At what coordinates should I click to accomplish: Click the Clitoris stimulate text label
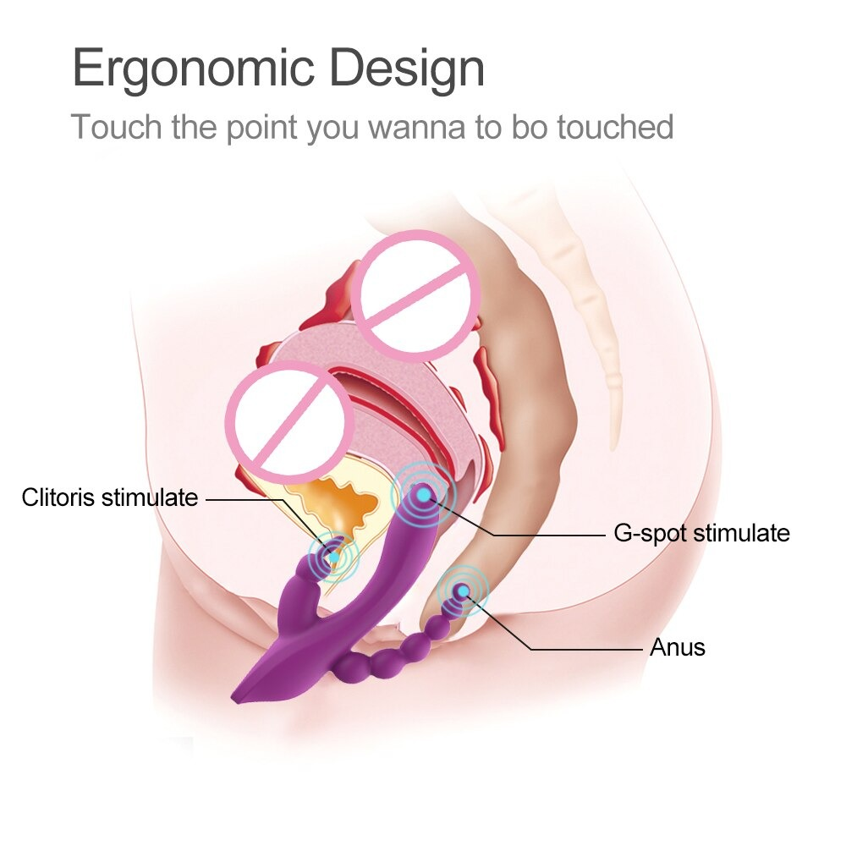tap(110, 497)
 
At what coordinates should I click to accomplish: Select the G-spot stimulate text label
tap(701, 533)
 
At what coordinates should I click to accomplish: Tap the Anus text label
tap(677, 648)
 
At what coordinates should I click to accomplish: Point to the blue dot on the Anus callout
tap(462, 591)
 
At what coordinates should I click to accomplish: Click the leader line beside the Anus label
tap(584, 649)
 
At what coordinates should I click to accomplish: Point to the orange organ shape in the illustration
tap(338, 499)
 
